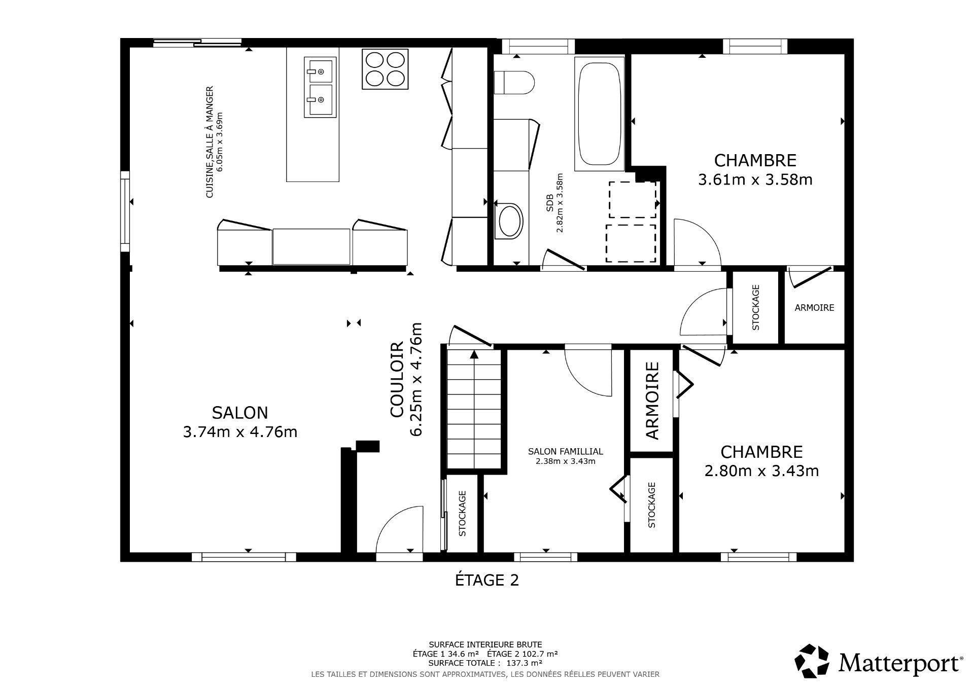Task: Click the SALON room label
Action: [x=240, y=413]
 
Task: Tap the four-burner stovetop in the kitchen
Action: [x=385, y=69]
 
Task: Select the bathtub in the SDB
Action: [x=599, y=114]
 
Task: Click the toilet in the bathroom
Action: [x=514, y=82]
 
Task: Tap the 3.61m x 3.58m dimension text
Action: [x=755, y=180]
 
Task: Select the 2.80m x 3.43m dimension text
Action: [x=761, y=471]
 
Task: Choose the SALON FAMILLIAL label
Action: [x=565, y=451]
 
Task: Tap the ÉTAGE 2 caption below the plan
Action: [x=486, y=580]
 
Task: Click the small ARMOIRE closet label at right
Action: [x=814, y=308]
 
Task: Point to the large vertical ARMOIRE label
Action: [x=652, y=400]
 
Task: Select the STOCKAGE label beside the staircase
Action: [x=462, y=513]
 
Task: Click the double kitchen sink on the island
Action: [x=320, y=87]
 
